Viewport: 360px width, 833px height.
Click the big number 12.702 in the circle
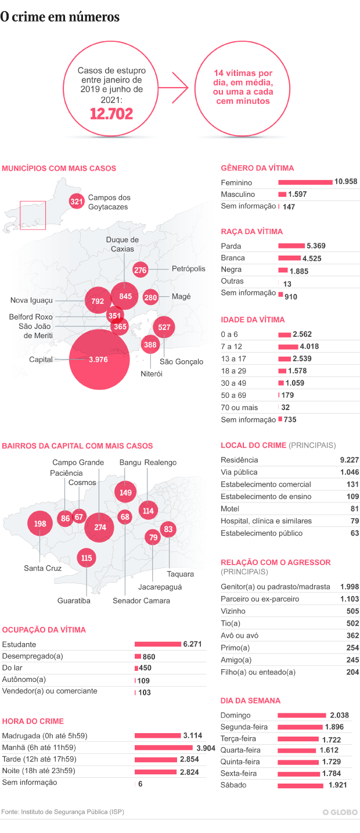pos(111,113)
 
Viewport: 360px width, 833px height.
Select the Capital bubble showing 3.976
pos(98,360)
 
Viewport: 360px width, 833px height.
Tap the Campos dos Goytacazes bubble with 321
pos(77,202)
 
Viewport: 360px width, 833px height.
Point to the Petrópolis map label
pos(188,269)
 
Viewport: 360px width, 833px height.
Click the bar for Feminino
pos(305,182)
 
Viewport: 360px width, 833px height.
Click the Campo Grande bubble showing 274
pos(100,527)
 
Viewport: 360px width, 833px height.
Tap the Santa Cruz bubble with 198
pos(40,524)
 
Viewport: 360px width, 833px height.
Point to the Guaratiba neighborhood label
pos(74,601)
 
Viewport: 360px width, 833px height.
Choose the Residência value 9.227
pos(349,460)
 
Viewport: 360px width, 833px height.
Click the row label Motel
pos(231,509)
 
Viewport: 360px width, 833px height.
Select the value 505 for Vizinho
pos(352,611)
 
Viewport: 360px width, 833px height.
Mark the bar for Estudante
pos(157,644)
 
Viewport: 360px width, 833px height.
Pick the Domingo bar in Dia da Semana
pos(302,716)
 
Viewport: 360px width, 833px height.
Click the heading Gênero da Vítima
pos(257,168)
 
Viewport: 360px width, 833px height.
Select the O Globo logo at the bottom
pos(340,812)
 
